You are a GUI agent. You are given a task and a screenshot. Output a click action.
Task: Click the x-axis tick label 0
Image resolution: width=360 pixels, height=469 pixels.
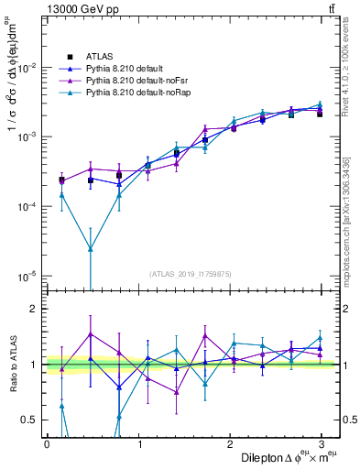coord(47,443)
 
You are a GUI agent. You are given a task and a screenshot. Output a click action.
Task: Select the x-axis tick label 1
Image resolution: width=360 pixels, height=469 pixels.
coord(139,443)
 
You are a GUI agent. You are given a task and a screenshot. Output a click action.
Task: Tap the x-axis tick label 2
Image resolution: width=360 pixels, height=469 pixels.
coord(231,443)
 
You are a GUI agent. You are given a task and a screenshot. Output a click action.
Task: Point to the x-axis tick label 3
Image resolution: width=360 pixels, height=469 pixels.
coord(322,443)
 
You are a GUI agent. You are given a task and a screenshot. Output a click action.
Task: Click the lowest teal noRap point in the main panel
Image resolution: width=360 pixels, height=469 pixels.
coord(90,248)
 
